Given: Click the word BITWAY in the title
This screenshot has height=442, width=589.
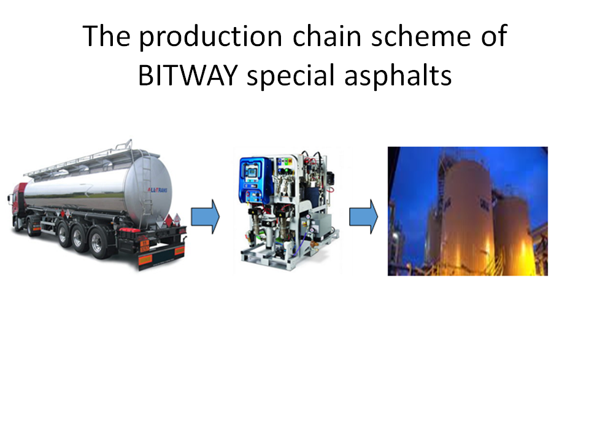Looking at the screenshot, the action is [x=188, y=75].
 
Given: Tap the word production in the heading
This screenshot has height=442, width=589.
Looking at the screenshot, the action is [x=210, y=37].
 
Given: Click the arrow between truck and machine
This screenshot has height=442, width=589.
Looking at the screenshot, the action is [x=205, y=217].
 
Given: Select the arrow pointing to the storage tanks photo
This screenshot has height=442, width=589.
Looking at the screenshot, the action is [x=364, y=217].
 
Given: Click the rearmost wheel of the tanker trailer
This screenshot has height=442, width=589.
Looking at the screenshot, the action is [x=98, y=243].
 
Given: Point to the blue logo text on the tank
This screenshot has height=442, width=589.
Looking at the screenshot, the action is [x=158, y=190].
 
